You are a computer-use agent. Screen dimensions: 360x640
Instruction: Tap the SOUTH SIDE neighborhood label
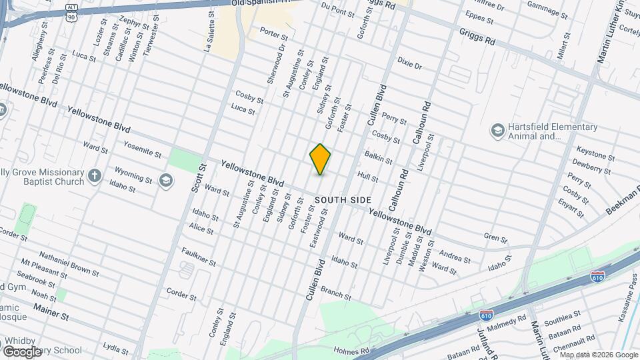343,200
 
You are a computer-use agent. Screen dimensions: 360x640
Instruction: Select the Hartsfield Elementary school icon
497,129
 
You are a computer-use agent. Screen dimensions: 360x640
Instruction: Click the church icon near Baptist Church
95,176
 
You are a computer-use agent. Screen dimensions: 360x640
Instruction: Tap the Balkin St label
378,157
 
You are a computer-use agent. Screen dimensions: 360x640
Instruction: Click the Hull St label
368,177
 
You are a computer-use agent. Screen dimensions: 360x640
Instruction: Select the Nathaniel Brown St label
69,263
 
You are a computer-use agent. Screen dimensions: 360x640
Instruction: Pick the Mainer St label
51,313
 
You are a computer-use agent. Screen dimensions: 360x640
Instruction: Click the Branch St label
335,291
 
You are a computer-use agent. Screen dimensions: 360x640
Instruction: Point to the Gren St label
495,237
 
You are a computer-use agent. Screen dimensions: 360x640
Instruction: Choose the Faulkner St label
198,257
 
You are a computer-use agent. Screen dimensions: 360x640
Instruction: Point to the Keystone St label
595,153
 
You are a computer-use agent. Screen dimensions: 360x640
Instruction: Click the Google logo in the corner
21,351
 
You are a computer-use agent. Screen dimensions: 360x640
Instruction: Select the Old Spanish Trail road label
264,3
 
